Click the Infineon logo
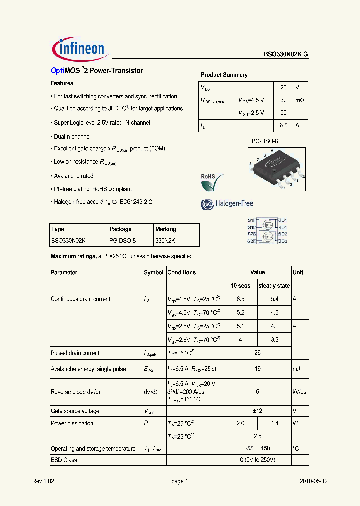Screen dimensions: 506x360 78,48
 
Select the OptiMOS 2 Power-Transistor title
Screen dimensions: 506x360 97,71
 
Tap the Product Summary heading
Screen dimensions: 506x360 224,75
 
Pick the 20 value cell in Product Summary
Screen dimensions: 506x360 283,87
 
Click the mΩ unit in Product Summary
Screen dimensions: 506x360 300,100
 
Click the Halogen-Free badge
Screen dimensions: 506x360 227,204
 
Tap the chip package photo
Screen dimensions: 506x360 275,168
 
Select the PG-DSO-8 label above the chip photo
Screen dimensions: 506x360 264,141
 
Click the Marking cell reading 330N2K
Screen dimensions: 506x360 165,240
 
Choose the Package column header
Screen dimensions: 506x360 120,229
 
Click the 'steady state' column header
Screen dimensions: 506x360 274,286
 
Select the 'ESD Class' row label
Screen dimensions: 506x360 64,460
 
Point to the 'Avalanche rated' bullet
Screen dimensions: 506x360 73,176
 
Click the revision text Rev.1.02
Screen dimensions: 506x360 43,481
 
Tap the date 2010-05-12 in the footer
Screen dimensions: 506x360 314,481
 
